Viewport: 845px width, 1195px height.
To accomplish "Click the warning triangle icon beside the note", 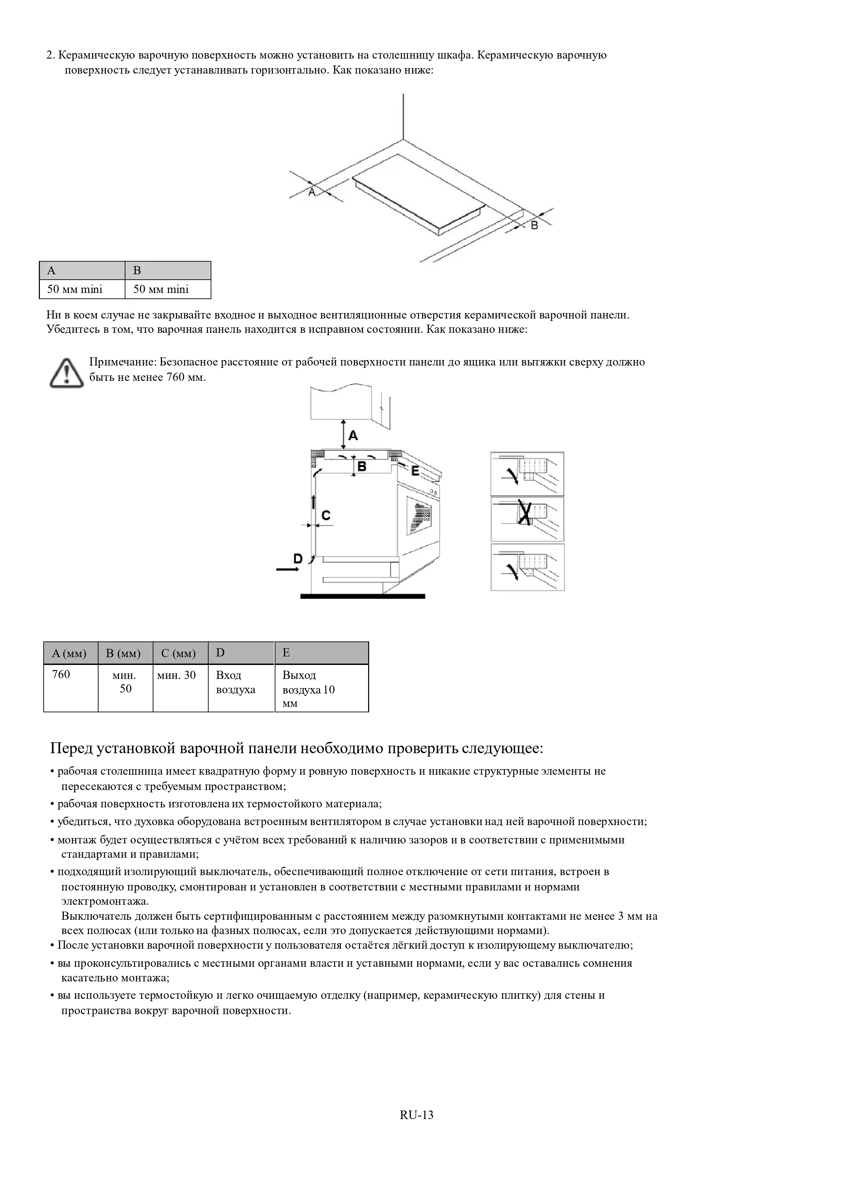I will pyautogui.click(x=67, y=373).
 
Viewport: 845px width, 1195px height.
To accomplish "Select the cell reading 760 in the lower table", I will pyautogui.click(x=70, y=687).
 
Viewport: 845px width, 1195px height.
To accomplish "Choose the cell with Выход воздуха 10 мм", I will pyautogui.click(x=321, y=688).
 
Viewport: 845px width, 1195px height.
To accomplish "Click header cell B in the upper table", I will pyautogui.click(x=168, y=270).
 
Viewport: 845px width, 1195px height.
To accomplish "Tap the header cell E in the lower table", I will pyautogui.click(x=321, y=653).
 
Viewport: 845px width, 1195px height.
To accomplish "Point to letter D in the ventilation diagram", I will pyautogui.click(x=298, y=558).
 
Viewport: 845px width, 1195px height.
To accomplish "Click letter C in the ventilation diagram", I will pyautogui.click(x=326, y=515).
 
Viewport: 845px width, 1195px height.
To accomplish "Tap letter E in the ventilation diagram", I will pyautogui.click(x=415, y=470).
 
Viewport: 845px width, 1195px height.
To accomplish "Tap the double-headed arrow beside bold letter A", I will pyautogui.click(x=343, y=434).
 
